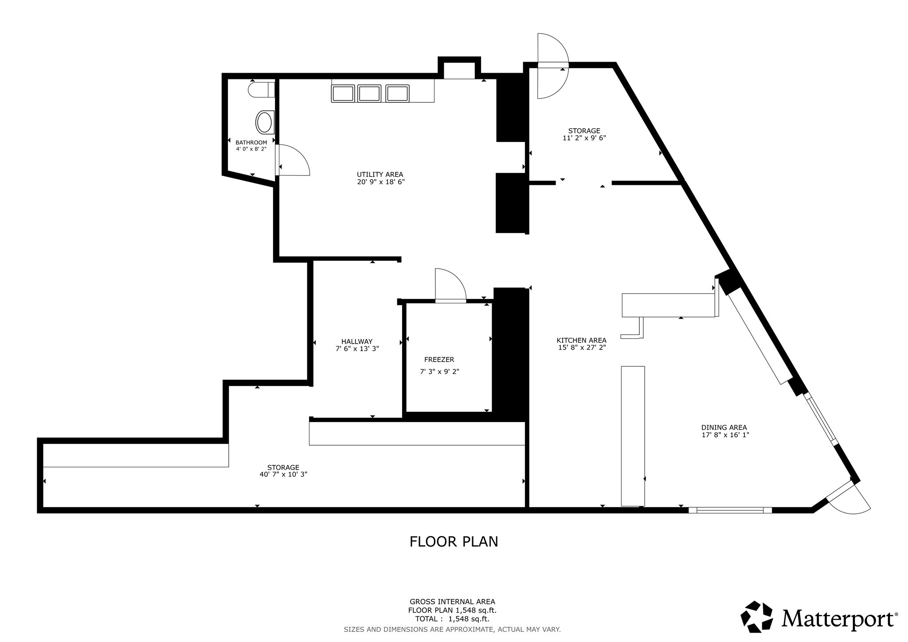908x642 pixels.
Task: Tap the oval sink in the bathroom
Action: [265, 123]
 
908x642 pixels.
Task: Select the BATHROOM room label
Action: [251, 142]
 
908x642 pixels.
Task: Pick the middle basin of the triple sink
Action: [369, 94]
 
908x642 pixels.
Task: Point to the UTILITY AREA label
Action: [380, 175]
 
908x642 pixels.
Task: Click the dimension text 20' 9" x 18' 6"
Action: [381, 182]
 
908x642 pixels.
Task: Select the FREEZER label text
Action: [439, 360]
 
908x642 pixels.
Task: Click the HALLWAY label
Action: [357, 341]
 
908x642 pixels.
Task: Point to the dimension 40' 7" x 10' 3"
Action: [283, 474]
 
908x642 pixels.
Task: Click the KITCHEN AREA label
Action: [581, 341]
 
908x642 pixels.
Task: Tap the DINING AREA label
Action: [724, 427]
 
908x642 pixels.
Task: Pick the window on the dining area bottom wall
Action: [730, 510]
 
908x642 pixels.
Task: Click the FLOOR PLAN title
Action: [454, 542]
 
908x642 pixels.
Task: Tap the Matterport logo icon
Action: [757, 616]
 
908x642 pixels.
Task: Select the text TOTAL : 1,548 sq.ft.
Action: [452, 619]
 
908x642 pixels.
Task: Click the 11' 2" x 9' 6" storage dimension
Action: [584, 138]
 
